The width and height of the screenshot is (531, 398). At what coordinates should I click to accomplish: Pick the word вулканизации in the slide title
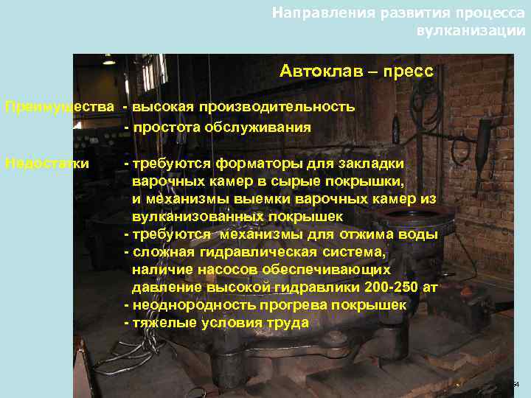click(x=471, y=31)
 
